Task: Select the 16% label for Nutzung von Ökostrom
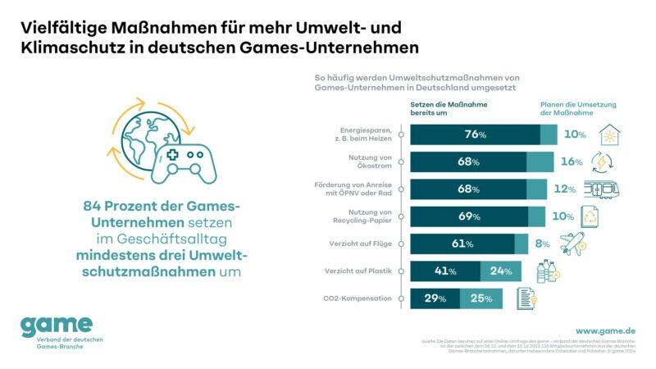click(573, 162)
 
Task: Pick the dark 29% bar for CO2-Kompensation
click(435, 298)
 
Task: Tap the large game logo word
click(56, 324)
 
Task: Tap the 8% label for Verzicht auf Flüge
click(543, 244)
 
